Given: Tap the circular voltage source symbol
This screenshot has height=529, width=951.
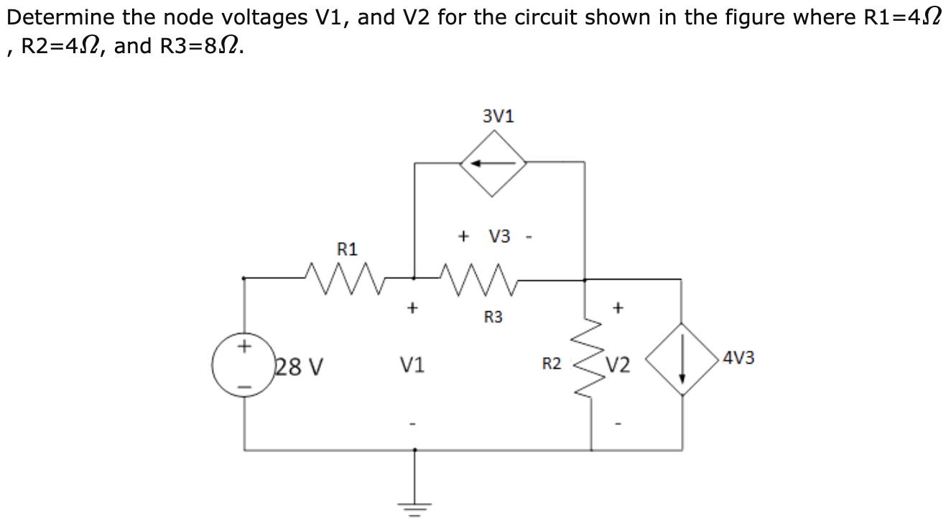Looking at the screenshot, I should point(246,367).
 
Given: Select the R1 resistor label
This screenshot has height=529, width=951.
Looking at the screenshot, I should point(347,249).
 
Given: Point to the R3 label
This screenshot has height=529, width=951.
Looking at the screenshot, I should point(493,316).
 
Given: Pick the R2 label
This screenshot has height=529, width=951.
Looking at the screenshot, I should point(551,364).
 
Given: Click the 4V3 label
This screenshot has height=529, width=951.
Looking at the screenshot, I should point(739,357).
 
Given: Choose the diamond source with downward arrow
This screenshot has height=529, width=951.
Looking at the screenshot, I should point(682,357).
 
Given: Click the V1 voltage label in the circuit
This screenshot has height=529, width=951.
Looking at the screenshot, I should point(412,367).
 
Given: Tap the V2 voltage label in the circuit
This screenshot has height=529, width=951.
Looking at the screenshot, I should point(618,367).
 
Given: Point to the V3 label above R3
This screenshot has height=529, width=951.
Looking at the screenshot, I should point(500,236).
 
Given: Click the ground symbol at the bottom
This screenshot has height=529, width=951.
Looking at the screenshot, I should point(414,496).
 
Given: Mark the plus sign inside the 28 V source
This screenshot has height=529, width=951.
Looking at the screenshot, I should point(245,346).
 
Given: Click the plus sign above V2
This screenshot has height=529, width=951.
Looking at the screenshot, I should point(618,308).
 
